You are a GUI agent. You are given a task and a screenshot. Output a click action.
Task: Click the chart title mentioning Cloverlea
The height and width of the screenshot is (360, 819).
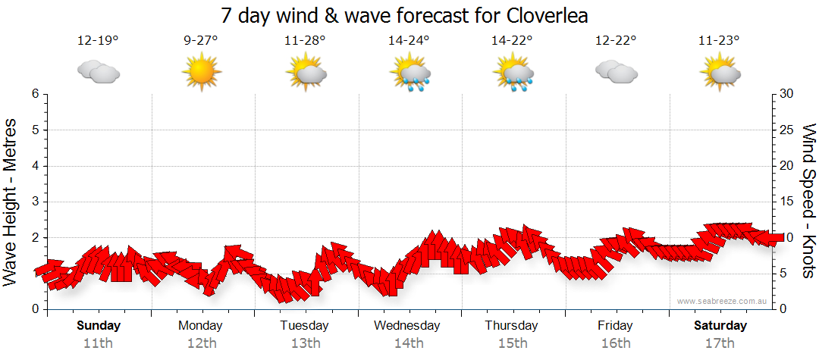[405, 16]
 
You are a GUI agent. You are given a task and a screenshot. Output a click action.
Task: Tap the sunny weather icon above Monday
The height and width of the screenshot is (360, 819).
[201, 73]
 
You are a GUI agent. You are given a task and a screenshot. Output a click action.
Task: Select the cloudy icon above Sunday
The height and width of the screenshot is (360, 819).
[98, 73]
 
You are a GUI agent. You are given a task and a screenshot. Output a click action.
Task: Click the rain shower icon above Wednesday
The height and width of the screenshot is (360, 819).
[409, 74]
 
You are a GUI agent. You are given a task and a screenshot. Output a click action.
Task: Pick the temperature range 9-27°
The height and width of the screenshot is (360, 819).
[201, 41]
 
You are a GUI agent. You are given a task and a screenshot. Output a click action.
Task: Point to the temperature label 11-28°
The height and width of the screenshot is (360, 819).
[305, 41]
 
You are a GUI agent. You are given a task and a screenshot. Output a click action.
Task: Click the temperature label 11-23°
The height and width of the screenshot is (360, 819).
[719, 41]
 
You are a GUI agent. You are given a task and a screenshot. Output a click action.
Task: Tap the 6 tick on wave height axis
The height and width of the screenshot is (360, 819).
[35, 94]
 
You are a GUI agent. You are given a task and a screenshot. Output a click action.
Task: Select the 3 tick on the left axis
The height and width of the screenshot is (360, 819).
[35, 202]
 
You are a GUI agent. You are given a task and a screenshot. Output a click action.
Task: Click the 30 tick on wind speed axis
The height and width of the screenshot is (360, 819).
[788, 94]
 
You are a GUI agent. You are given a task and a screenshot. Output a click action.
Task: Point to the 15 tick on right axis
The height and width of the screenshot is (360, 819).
[788, 202]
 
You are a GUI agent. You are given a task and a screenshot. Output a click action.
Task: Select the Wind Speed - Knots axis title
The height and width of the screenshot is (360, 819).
[808, 202]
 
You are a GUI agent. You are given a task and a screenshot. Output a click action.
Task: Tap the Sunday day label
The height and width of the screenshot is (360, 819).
[98, 326]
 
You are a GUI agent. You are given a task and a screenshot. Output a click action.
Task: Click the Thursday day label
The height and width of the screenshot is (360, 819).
[512, 326]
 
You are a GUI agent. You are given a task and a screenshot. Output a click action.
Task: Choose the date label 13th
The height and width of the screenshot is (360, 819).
[305, 343]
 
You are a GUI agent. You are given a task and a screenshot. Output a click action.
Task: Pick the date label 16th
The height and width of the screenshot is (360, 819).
[615, 343]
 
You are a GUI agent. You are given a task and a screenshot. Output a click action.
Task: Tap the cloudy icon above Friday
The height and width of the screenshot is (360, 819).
[615, 73]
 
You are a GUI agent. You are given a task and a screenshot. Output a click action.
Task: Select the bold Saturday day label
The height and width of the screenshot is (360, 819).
[720, 326]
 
